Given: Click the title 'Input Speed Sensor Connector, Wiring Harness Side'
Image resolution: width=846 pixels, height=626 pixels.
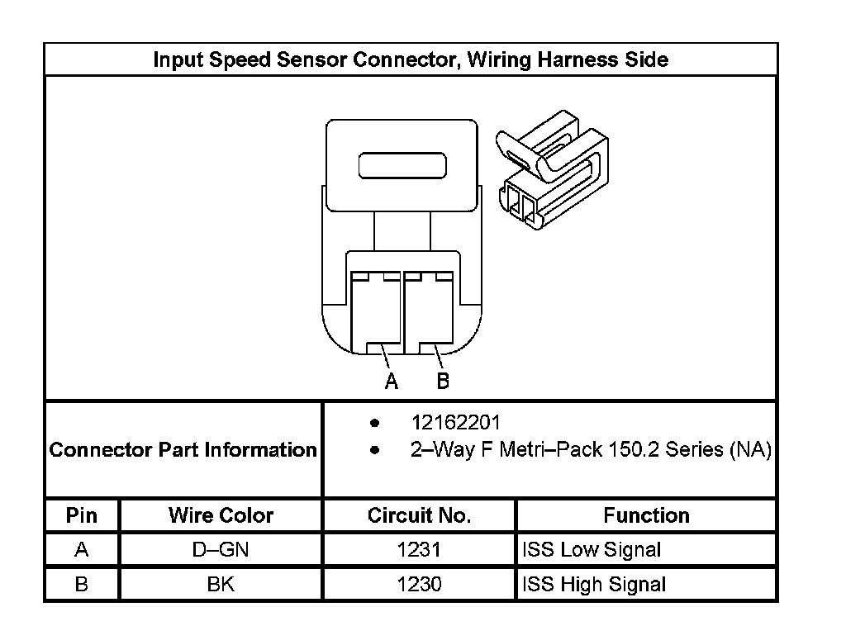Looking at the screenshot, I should point(411,59).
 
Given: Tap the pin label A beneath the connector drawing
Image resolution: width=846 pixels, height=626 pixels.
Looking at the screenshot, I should point(392,381).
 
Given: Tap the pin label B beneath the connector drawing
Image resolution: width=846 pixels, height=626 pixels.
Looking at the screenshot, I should point(443,381).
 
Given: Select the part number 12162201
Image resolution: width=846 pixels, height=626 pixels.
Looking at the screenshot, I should point(455,423).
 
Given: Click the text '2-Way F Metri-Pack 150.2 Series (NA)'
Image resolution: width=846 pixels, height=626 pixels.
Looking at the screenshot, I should point(591,450).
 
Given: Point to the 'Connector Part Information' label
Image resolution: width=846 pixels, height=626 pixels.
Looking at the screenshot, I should point(183,450).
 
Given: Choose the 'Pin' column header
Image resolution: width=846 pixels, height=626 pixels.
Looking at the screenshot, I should point(81,515).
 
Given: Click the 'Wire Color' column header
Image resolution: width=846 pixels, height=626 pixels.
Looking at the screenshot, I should point(221,515).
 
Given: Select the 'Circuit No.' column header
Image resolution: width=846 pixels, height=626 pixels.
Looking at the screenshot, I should point(419,515).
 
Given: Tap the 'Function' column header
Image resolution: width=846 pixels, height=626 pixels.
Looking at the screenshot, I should point(646,515).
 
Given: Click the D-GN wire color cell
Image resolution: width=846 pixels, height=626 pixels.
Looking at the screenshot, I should point(221,549).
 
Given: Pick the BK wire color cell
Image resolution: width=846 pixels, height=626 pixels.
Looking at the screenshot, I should point(221,584).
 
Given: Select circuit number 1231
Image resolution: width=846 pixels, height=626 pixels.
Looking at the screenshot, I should point(419,549).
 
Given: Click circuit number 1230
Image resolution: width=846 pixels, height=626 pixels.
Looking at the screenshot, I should point(419,584).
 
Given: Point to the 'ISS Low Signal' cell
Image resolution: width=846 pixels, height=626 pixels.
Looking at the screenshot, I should point(592,549).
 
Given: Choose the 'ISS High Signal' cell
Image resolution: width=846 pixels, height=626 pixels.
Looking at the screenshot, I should point(594,584).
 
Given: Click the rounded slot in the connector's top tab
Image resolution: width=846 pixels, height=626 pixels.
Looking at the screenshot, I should point(402,164).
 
